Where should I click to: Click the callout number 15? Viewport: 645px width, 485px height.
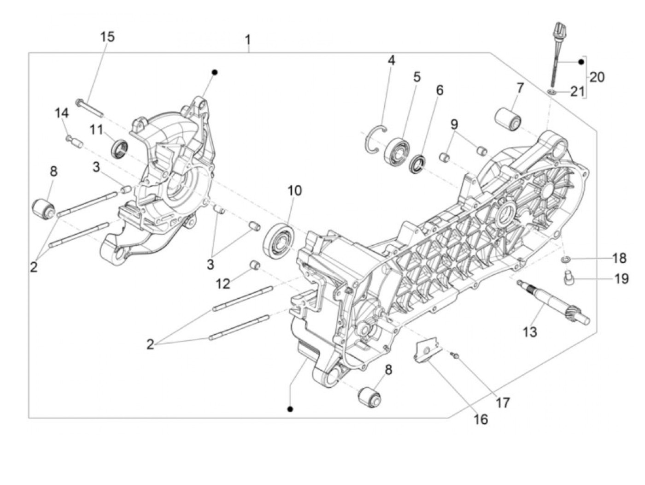tap(107, 36)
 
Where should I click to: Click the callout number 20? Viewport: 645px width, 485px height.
tap(597, 77)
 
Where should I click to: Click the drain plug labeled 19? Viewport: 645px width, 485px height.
tap(566, 277)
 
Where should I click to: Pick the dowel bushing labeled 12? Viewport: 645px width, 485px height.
tap(254, 266)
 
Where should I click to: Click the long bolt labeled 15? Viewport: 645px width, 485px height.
tap(89, 107)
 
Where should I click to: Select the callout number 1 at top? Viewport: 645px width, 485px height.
tap(248, 40)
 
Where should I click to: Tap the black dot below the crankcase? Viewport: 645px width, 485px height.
tap(290, 409)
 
